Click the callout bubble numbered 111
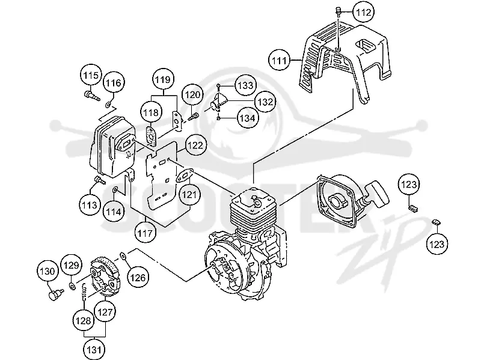point(279,61)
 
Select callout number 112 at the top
point(363,12)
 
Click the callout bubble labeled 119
point(163,80)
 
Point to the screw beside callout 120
point(193,117)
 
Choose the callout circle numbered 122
point(195,145)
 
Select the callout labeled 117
point(145,234)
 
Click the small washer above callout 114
point(115,190)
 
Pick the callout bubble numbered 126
point(138,278)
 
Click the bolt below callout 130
point(56,294)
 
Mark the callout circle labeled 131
point(94,349)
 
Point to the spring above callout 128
point(84,292)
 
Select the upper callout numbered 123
point(409,185)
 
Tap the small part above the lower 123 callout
point(436,222)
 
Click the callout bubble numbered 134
point(247,118)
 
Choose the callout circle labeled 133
point(245,85)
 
